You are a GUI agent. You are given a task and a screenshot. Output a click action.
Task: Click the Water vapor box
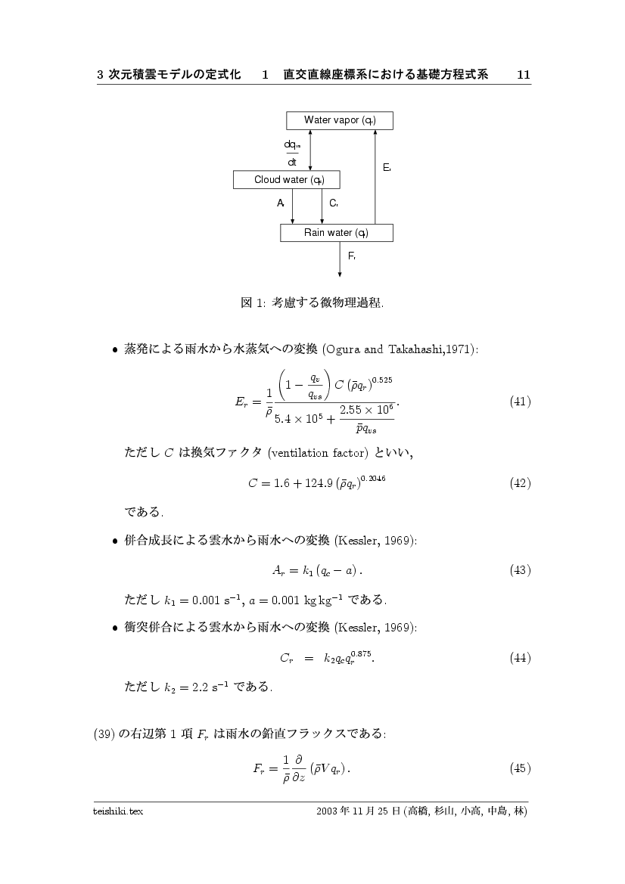click(340, 120)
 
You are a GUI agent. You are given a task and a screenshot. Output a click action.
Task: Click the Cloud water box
click(286, 179)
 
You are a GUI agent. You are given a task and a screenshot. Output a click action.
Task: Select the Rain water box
click(336, 232)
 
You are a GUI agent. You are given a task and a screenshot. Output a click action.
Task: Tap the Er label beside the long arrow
click(386, 167)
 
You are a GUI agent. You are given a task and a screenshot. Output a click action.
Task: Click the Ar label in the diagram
click(280, 203)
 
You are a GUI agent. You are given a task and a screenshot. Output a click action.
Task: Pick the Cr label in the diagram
click(333, 203)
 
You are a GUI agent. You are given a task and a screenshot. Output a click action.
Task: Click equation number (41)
click(520, 401)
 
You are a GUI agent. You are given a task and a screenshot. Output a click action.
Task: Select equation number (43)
click(520, 569)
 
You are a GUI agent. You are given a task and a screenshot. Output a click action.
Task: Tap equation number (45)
click(520, 768)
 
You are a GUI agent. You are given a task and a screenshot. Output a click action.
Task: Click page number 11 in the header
click(523, 75)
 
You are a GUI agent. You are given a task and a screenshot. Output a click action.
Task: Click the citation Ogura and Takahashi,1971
click(400, 349)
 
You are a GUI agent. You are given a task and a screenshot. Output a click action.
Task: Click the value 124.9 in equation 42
click(313, 483)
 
